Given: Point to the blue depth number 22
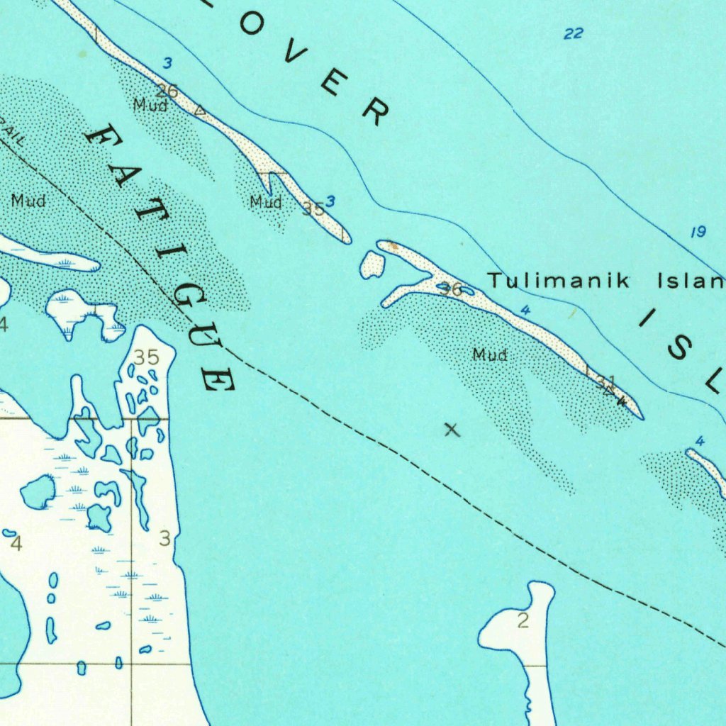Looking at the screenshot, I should pyautogui.click(x=574, y=33).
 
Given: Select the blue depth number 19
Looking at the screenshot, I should pyautogui.click(x=698, y=232).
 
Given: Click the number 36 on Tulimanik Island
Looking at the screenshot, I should pyautogui.click(x=449, y=289).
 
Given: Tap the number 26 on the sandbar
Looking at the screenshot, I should pyautogui.click(x=167, y=91).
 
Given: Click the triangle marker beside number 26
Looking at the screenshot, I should pyautogui.click(x=201, y=111).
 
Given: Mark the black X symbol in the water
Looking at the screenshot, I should pyautogui.click(x=452, y=429).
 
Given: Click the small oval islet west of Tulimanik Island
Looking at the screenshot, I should pyautogui.click(x=372, y=264).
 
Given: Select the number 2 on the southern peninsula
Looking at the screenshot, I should pyautogui.click(x=523, y=622).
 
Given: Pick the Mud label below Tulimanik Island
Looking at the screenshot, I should pyautogui.click(x=490, y=354).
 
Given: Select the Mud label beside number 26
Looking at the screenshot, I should pyautogui.click(x=150, y=106).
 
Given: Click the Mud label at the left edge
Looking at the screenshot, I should pyautogui.click(x=28, y=201).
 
